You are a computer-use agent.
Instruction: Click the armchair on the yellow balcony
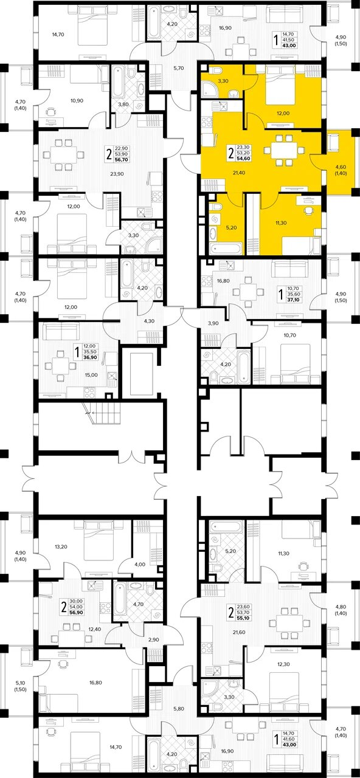[x=334, y=143]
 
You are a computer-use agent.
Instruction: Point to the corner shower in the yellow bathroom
[x=210, y=89]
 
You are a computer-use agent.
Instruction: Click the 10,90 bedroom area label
[x=77, y=101]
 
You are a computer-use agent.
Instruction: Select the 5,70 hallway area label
[x=179, y=68]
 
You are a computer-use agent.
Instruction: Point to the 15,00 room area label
[x=91, y=375]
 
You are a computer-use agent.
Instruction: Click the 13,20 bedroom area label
[x=61, y=546]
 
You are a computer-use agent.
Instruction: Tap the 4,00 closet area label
[x=140, y=565]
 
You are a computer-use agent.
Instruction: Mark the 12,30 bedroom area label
[x=283, y=664]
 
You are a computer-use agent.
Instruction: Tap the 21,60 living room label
[x=239, y=632]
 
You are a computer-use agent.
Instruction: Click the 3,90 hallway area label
[x=213, y=323]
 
